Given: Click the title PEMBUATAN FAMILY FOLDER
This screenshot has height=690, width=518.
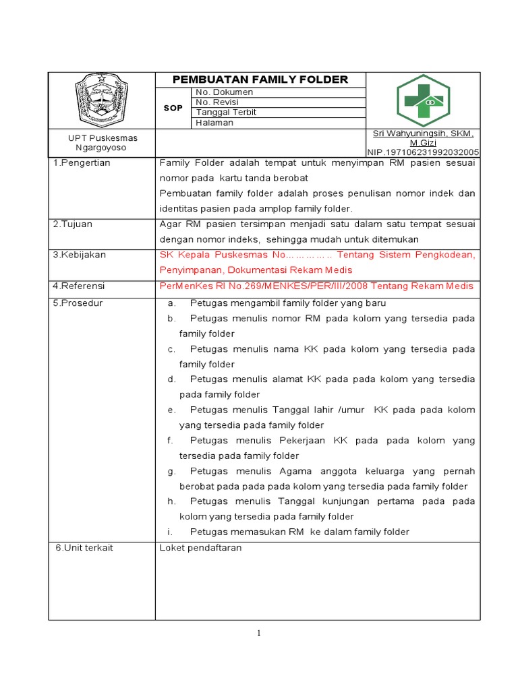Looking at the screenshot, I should (x=260, y=80).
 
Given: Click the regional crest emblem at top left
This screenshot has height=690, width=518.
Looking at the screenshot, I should (x=102, y=100).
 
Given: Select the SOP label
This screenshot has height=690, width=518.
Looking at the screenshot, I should (x=173, y=108).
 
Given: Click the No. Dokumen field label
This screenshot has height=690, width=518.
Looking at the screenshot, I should (x=224, y=92).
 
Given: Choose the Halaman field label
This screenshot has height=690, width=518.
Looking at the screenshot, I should (x=214, y=123).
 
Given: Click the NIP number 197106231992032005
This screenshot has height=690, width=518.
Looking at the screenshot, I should (x=423, y=153).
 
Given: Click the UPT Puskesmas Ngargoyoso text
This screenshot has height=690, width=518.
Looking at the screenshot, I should (x=102, y=143).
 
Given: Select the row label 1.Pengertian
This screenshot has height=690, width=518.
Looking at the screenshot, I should (x=82, y=163).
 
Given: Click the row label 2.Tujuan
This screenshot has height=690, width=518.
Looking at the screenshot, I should (x=73, y=224).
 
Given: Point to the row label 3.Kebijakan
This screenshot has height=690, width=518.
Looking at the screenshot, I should (x=79, y=255).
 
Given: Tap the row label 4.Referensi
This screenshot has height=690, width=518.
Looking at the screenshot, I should (x=79, y=286).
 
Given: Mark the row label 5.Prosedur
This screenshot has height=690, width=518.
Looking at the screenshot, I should (x=78, y=303).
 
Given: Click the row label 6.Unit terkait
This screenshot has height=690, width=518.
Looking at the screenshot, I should (x=84, y=548).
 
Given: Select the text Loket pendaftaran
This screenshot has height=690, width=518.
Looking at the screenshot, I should (x=200, y=548).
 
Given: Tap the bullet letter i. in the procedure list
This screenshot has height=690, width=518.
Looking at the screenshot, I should (x=171, y=532).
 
